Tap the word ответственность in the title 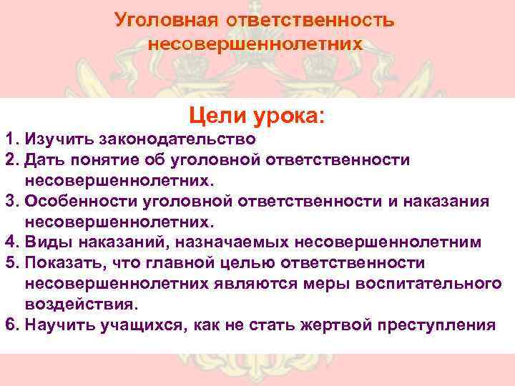tap(310, 19)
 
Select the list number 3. tap(9, 202)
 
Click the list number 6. tap(9, 326)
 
